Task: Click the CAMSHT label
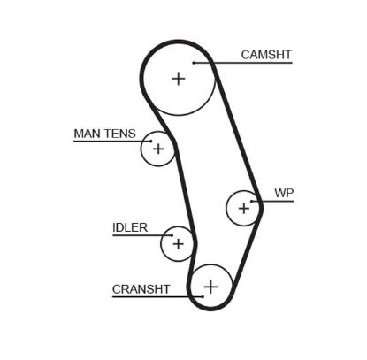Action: [x=266, y=55]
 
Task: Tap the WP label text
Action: [x=283, y=192]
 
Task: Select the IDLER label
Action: [x=130, y=227]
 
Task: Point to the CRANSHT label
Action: [x=141, y=288]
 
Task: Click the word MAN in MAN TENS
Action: [x=87, y=134]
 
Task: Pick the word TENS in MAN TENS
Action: [x=119, y=134]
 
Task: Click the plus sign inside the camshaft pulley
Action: [x=179, y=78]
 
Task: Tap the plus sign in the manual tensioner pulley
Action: [x=158, y=149]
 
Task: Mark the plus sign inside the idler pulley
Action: [x=178, y=242]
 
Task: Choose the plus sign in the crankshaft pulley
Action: [x=210, y=286]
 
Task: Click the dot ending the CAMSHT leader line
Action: [x=194, y=63]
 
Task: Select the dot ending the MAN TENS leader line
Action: [x=151, y=142]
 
